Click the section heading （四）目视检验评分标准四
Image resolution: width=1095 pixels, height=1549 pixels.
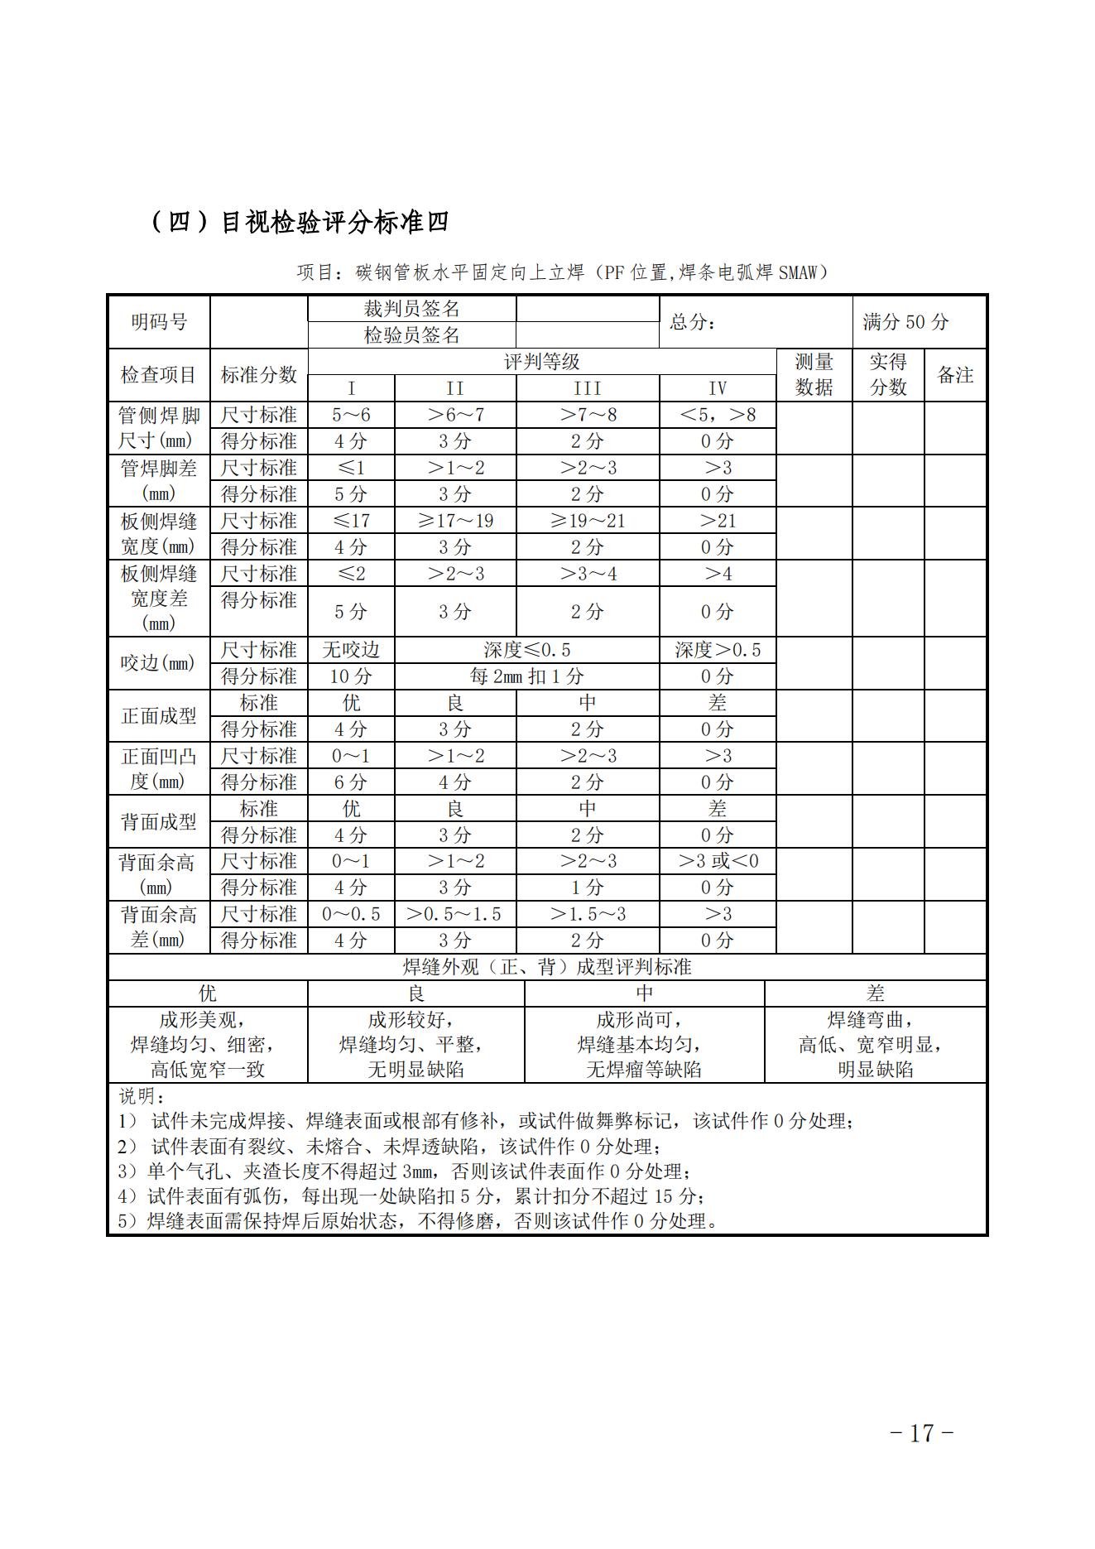300,222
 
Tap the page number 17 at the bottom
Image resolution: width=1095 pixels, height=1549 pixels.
921,1433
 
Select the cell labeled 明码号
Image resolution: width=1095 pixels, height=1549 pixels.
159,322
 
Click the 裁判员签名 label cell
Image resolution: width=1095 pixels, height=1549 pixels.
411,309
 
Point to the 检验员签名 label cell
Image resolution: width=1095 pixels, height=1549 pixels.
411,335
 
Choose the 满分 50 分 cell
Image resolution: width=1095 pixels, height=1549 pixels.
905,322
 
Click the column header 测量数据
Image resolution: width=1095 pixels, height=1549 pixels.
814,374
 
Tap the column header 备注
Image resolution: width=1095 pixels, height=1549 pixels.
954,374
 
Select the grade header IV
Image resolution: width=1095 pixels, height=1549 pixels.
717,388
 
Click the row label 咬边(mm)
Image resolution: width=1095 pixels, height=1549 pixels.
158,663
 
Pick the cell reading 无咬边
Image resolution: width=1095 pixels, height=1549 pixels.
351,650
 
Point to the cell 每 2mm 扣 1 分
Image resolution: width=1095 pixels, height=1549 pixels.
526,676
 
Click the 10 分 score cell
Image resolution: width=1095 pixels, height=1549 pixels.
351,676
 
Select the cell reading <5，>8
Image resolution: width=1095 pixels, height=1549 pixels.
717,415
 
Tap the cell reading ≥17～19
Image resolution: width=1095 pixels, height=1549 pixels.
455,521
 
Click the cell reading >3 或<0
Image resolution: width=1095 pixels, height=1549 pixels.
717,861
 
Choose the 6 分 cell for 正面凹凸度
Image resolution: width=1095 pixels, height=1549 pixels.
351,782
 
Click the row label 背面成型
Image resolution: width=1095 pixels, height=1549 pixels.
158,822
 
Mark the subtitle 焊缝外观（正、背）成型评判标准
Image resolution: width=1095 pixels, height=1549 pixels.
546,967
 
